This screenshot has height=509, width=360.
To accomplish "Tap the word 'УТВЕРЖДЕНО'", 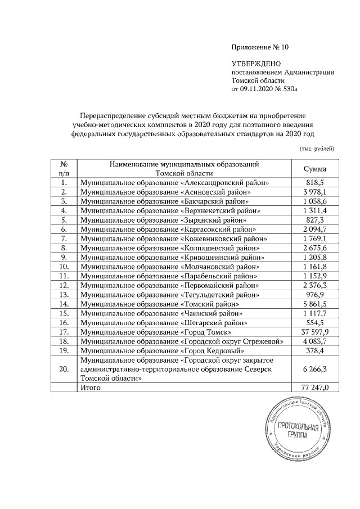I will (256, 65).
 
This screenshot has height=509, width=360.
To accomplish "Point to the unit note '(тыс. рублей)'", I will (317, 148).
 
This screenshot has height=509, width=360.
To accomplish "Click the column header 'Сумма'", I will (315, 169).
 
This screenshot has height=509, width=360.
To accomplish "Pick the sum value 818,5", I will (315, 183).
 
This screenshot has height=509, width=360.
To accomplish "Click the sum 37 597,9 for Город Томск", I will (315, 332).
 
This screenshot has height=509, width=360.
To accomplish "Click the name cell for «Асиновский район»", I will (166, 192).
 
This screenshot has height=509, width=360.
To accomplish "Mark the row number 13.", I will (64, 294).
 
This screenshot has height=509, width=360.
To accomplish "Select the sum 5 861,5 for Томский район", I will (315, 304).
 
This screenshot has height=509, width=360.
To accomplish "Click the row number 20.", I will (64, 369).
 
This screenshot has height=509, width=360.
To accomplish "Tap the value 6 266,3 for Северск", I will (315, 369).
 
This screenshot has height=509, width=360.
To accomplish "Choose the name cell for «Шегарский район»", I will (166, 322).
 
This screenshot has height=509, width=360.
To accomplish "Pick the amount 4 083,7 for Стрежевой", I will (315, 341).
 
